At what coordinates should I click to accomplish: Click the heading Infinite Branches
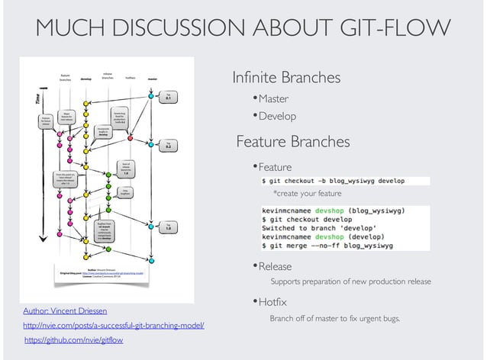286,78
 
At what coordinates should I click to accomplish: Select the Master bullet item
273,98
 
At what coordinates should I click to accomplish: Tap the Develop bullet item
276,116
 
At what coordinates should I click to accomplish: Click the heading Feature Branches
292,142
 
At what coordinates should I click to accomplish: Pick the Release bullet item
275,266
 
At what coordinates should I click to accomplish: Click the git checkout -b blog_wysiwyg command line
333,181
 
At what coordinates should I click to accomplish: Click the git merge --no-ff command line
327,246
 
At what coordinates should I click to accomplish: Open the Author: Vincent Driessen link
66,312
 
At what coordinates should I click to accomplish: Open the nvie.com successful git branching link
114,326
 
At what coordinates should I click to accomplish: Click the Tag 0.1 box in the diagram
168,97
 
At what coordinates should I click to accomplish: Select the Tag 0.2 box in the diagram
168,145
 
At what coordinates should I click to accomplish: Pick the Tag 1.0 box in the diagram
168,227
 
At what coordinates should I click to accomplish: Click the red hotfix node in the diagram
131,139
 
